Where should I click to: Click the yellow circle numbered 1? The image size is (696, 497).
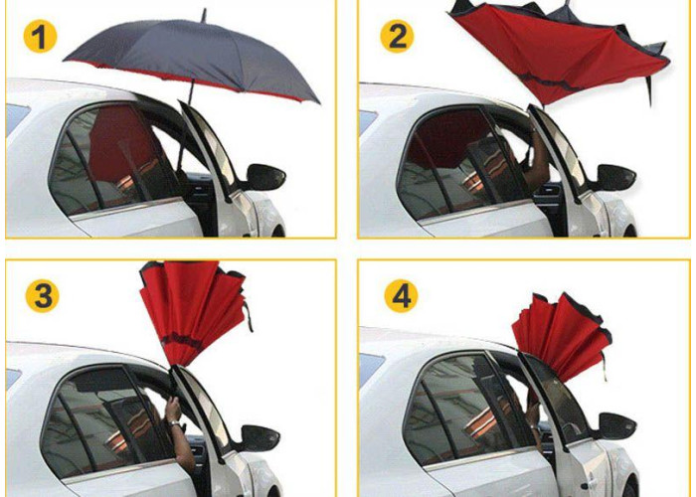(x=40, y=37)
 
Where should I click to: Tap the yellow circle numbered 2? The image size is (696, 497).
(x=398, y=37)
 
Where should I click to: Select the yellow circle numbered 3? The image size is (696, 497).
(x=43, y=295)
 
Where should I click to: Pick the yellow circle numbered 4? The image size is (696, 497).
(x=402, y=295)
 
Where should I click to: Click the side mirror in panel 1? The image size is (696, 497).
(x=264, y=177)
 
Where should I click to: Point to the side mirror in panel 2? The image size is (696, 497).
(x=615, y=178)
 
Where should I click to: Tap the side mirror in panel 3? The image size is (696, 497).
(x=260, y=438)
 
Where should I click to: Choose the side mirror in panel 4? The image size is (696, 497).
(x=616, y=426)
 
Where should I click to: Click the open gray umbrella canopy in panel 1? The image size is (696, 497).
(x=192, y=58)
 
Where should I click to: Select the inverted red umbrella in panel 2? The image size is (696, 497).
(x=559, y=54)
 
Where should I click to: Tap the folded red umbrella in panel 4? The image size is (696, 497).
(x=562, y=335)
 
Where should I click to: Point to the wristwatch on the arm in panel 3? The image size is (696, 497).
(x=175, y=424)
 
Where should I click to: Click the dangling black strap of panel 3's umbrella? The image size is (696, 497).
(x=248, y=316)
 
